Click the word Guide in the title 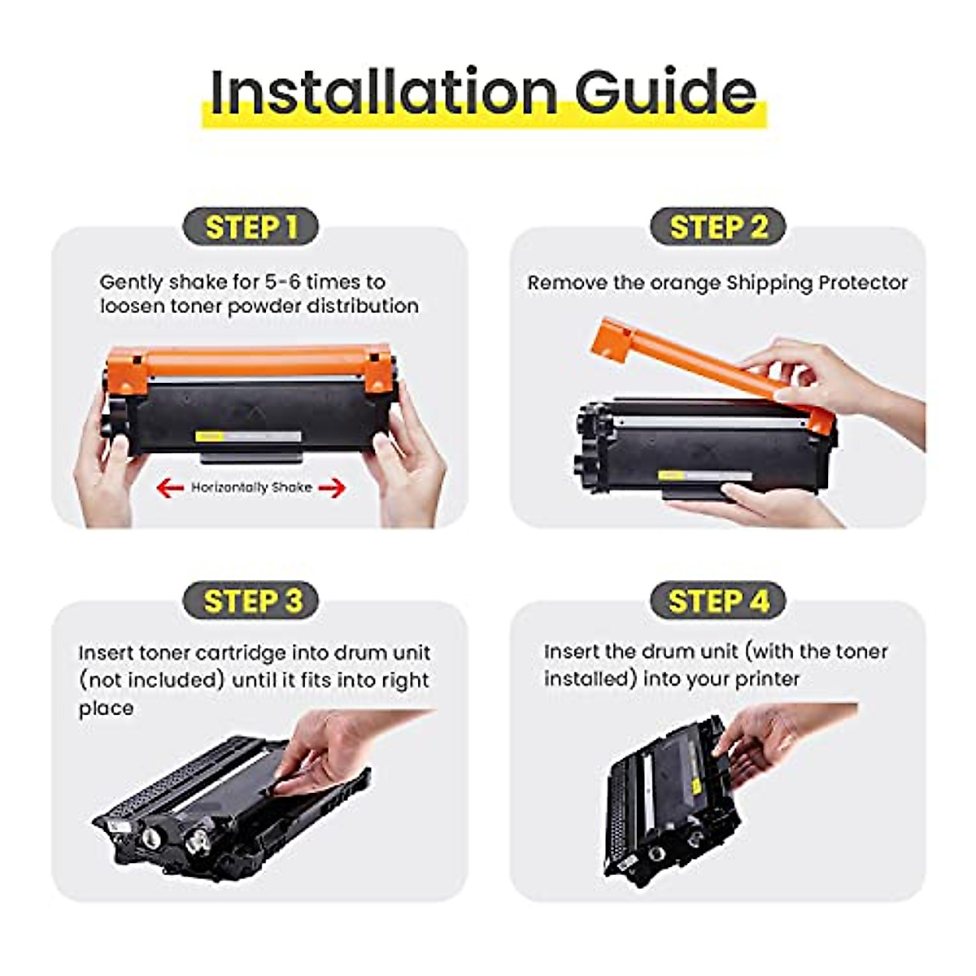665,92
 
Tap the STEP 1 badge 251,228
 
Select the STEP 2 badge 718,228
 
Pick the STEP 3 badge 252,601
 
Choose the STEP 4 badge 718,601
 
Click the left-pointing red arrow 170,488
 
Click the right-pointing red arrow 332,488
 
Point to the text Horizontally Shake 251,488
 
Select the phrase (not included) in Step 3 151,680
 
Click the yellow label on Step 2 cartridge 672,474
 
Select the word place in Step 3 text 106,708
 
